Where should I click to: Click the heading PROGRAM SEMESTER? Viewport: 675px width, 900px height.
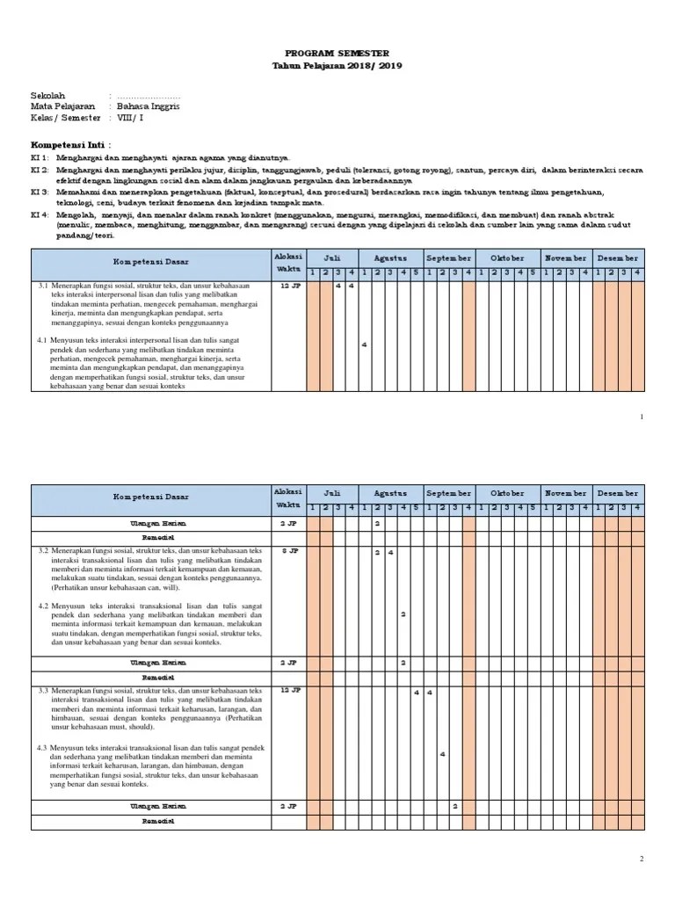pyautogui.click(x=338, y=54)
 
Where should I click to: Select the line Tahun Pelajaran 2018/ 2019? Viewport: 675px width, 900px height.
pyautogui.click(x=338, y=67)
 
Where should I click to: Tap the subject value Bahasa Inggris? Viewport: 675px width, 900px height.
pyautogui.click(x=149, y=105)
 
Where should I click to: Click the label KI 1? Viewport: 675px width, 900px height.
pyautogui.click(x=40, y=156)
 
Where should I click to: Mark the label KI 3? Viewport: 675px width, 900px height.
pyautogui.click(x=40, y=191)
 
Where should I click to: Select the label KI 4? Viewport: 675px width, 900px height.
pyautogui.click(x=40, y=214)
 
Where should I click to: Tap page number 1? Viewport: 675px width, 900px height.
pyautogui.click(x=642, y=415)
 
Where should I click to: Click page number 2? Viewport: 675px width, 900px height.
pyautogui.click(x=642, y=859)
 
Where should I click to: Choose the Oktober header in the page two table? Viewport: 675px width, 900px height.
pyautogui.click(x=507, y=493)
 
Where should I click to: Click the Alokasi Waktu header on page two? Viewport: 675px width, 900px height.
pyautogui.click(x=287, y=498)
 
